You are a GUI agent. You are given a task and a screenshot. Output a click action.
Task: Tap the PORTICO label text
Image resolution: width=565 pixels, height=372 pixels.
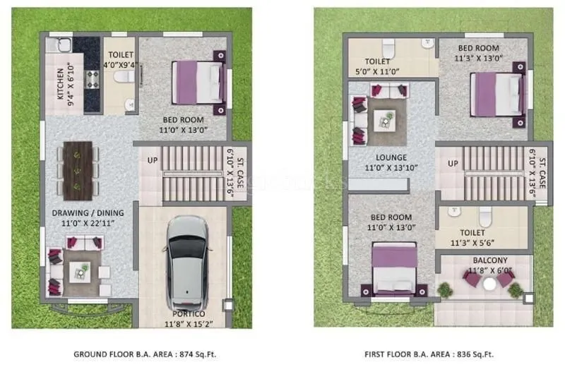tap(186, 313)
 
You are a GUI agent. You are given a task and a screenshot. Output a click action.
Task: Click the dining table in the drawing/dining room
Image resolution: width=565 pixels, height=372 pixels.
tap(78, 169)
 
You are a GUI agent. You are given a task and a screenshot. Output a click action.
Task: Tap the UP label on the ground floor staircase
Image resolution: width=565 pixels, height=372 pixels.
tap(152, 162)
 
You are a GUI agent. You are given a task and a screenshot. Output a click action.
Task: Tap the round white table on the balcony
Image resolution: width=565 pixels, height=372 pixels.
tap(489, 284)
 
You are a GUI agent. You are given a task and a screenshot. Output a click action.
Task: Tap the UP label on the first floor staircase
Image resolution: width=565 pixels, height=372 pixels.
tap(453, 164)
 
